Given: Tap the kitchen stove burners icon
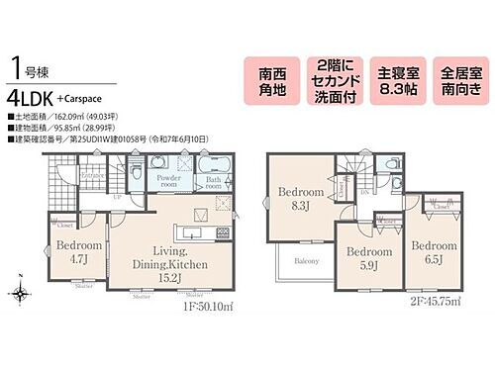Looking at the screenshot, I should (222, 232).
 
